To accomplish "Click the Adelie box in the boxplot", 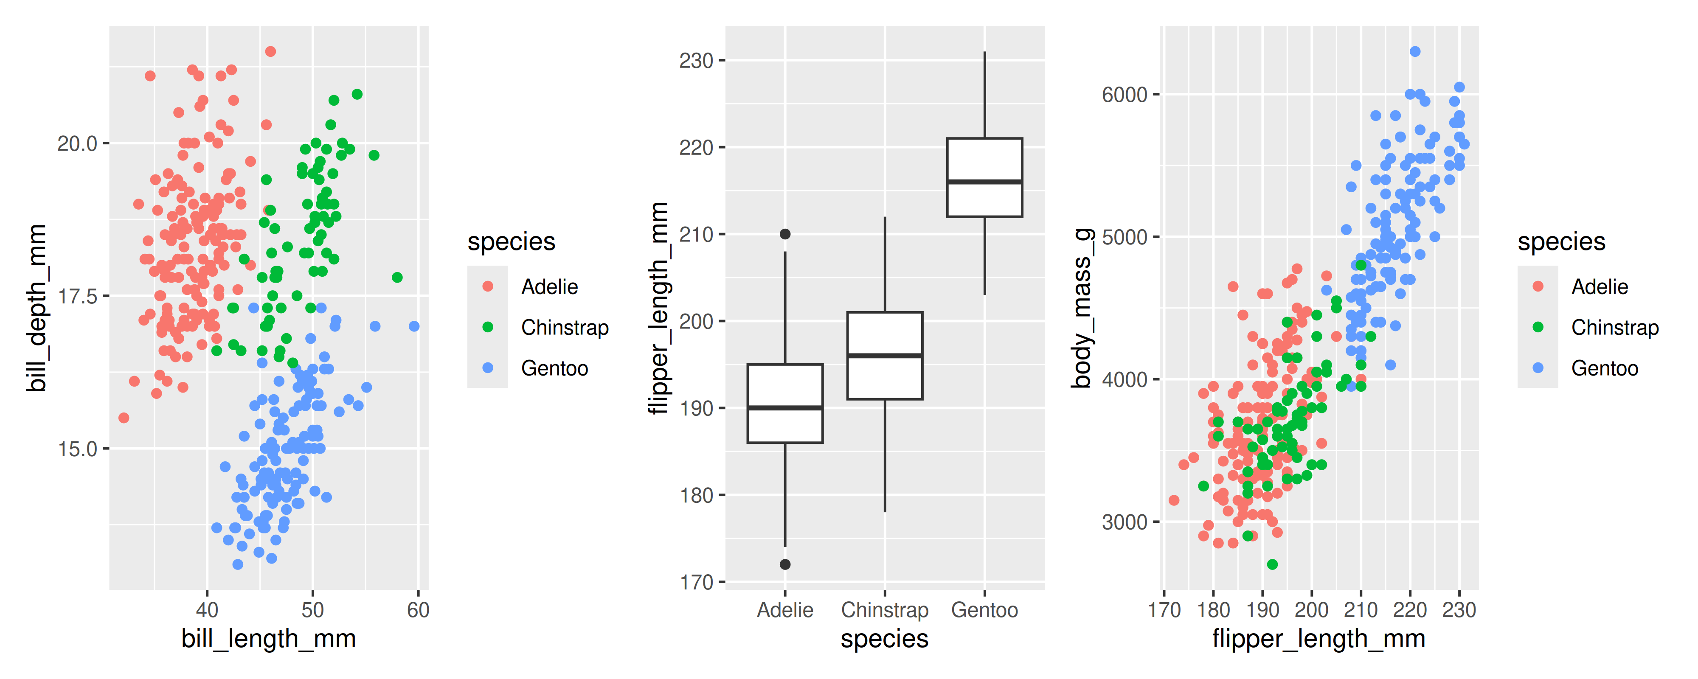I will [784, 404].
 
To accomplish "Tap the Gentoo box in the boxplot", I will [984, 177].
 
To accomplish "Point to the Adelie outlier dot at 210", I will [785, 234].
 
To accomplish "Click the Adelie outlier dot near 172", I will [785, 564].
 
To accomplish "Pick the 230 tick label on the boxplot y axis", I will [696, 61].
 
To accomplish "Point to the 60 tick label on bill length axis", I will [418, 610].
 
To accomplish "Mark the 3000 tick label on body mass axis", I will [1125, 522].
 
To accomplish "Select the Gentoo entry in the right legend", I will [1604, 368].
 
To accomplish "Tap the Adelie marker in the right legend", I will [1538, 286].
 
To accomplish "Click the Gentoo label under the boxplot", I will [984, 610].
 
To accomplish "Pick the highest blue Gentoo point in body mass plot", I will [1414, 51].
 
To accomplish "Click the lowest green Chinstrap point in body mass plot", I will [1272, 564].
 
